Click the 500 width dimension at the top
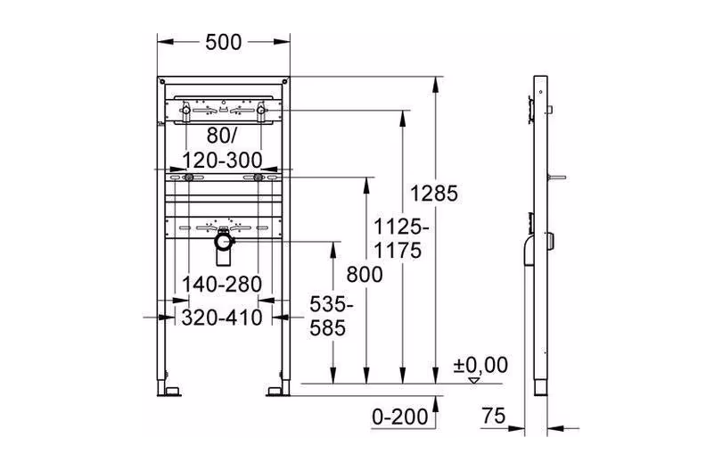(x=224, y=42)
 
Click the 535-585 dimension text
(x=332, y=316)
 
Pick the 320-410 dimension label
(x=222, y=317)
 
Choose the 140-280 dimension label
(x=222, y=284)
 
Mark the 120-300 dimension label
(x=222, y=159)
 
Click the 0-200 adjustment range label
(x=398, y=416)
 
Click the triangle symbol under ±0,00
(x=474, y=380)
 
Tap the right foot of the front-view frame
(x=276, y=390)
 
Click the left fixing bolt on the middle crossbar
(x=188, y=179)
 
